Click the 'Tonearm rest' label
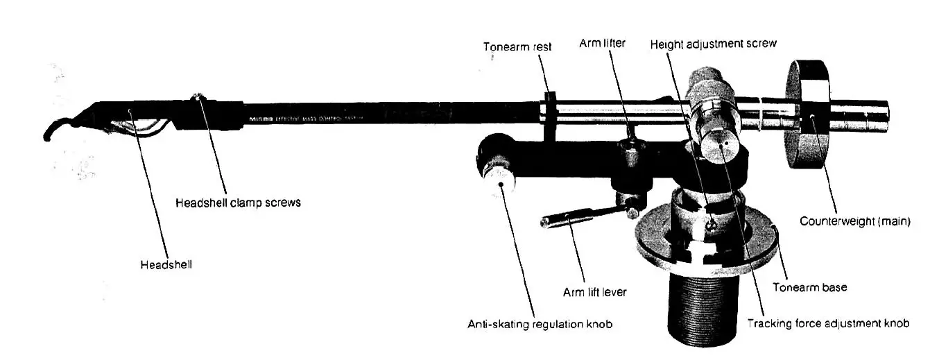point(517,47)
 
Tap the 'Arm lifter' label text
point(602,44)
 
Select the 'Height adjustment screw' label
point(713,44)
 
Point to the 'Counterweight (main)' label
point(854,222)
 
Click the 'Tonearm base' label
point(809,287)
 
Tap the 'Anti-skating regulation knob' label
point(540,323)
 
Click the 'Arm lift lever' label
point(594,292)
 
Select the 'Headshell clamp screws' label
point(238,203)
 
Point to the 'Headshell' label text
point(166,264)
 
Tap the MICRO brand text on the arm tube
point(258,120)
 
